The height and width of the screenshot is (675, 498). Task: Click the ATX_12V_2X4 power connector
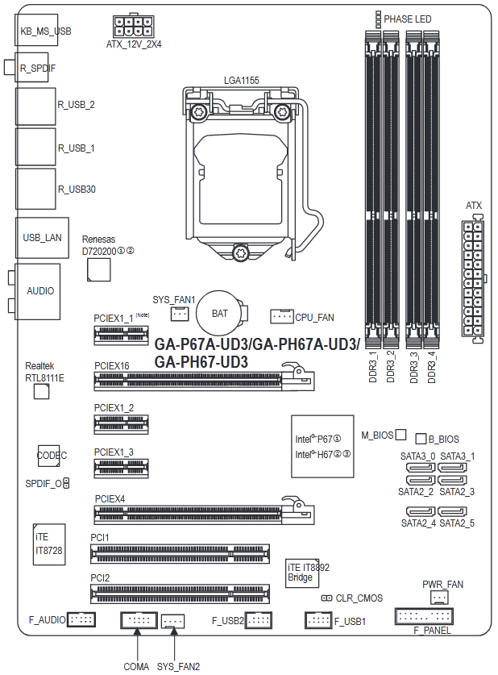(133, 27)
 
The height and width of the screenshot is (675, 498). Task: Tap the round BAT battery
(219, 314)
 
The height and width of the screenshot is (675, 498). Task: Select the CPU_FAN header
(282, 316)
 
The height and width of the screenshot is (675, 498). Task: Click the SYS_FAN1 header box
(180, 314)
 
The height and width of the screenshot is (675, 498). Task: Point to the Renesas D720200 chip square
(98, 269)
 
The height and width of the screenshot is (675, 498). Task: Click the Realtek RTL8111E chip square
(41, 391)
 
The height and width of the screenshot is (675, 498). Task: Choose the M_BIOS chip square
(400, 435)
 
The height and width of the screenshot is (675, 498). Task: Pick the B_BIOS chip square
(421, 438)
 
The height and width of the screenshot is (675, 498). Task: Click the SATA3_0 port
(420, 468)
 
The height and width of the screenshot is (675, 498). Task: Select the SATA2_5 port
(452, 511)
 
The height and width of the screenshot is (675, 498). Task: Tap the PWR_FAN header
(439, 597)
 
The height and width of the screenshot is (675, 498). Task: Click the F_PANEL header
(424, 616)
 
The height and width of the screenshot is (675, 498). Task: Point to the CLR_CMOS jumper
(327, 598)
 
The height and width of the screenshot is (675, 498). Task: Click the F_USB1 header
(318, 620)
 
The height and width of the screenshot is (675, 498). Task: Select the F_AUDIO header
(81, 619)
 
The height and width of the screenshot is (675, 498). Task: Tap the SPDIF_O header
(66, 483)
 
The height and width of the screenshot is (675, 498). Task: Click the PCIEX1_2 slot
(121, 424)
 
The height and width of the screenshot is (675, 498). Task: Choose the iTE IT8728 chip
(49, 544)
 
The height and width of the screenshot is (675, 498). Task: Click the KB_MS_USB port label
(46, 31)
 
